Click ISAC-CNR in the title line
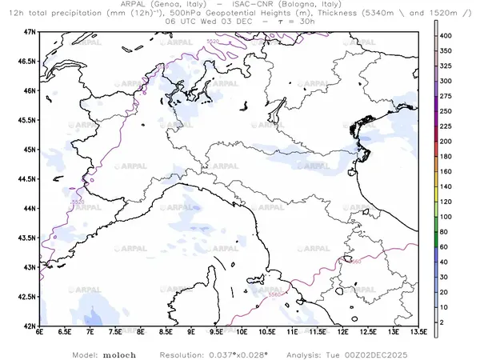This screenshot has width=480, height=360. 265,5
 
